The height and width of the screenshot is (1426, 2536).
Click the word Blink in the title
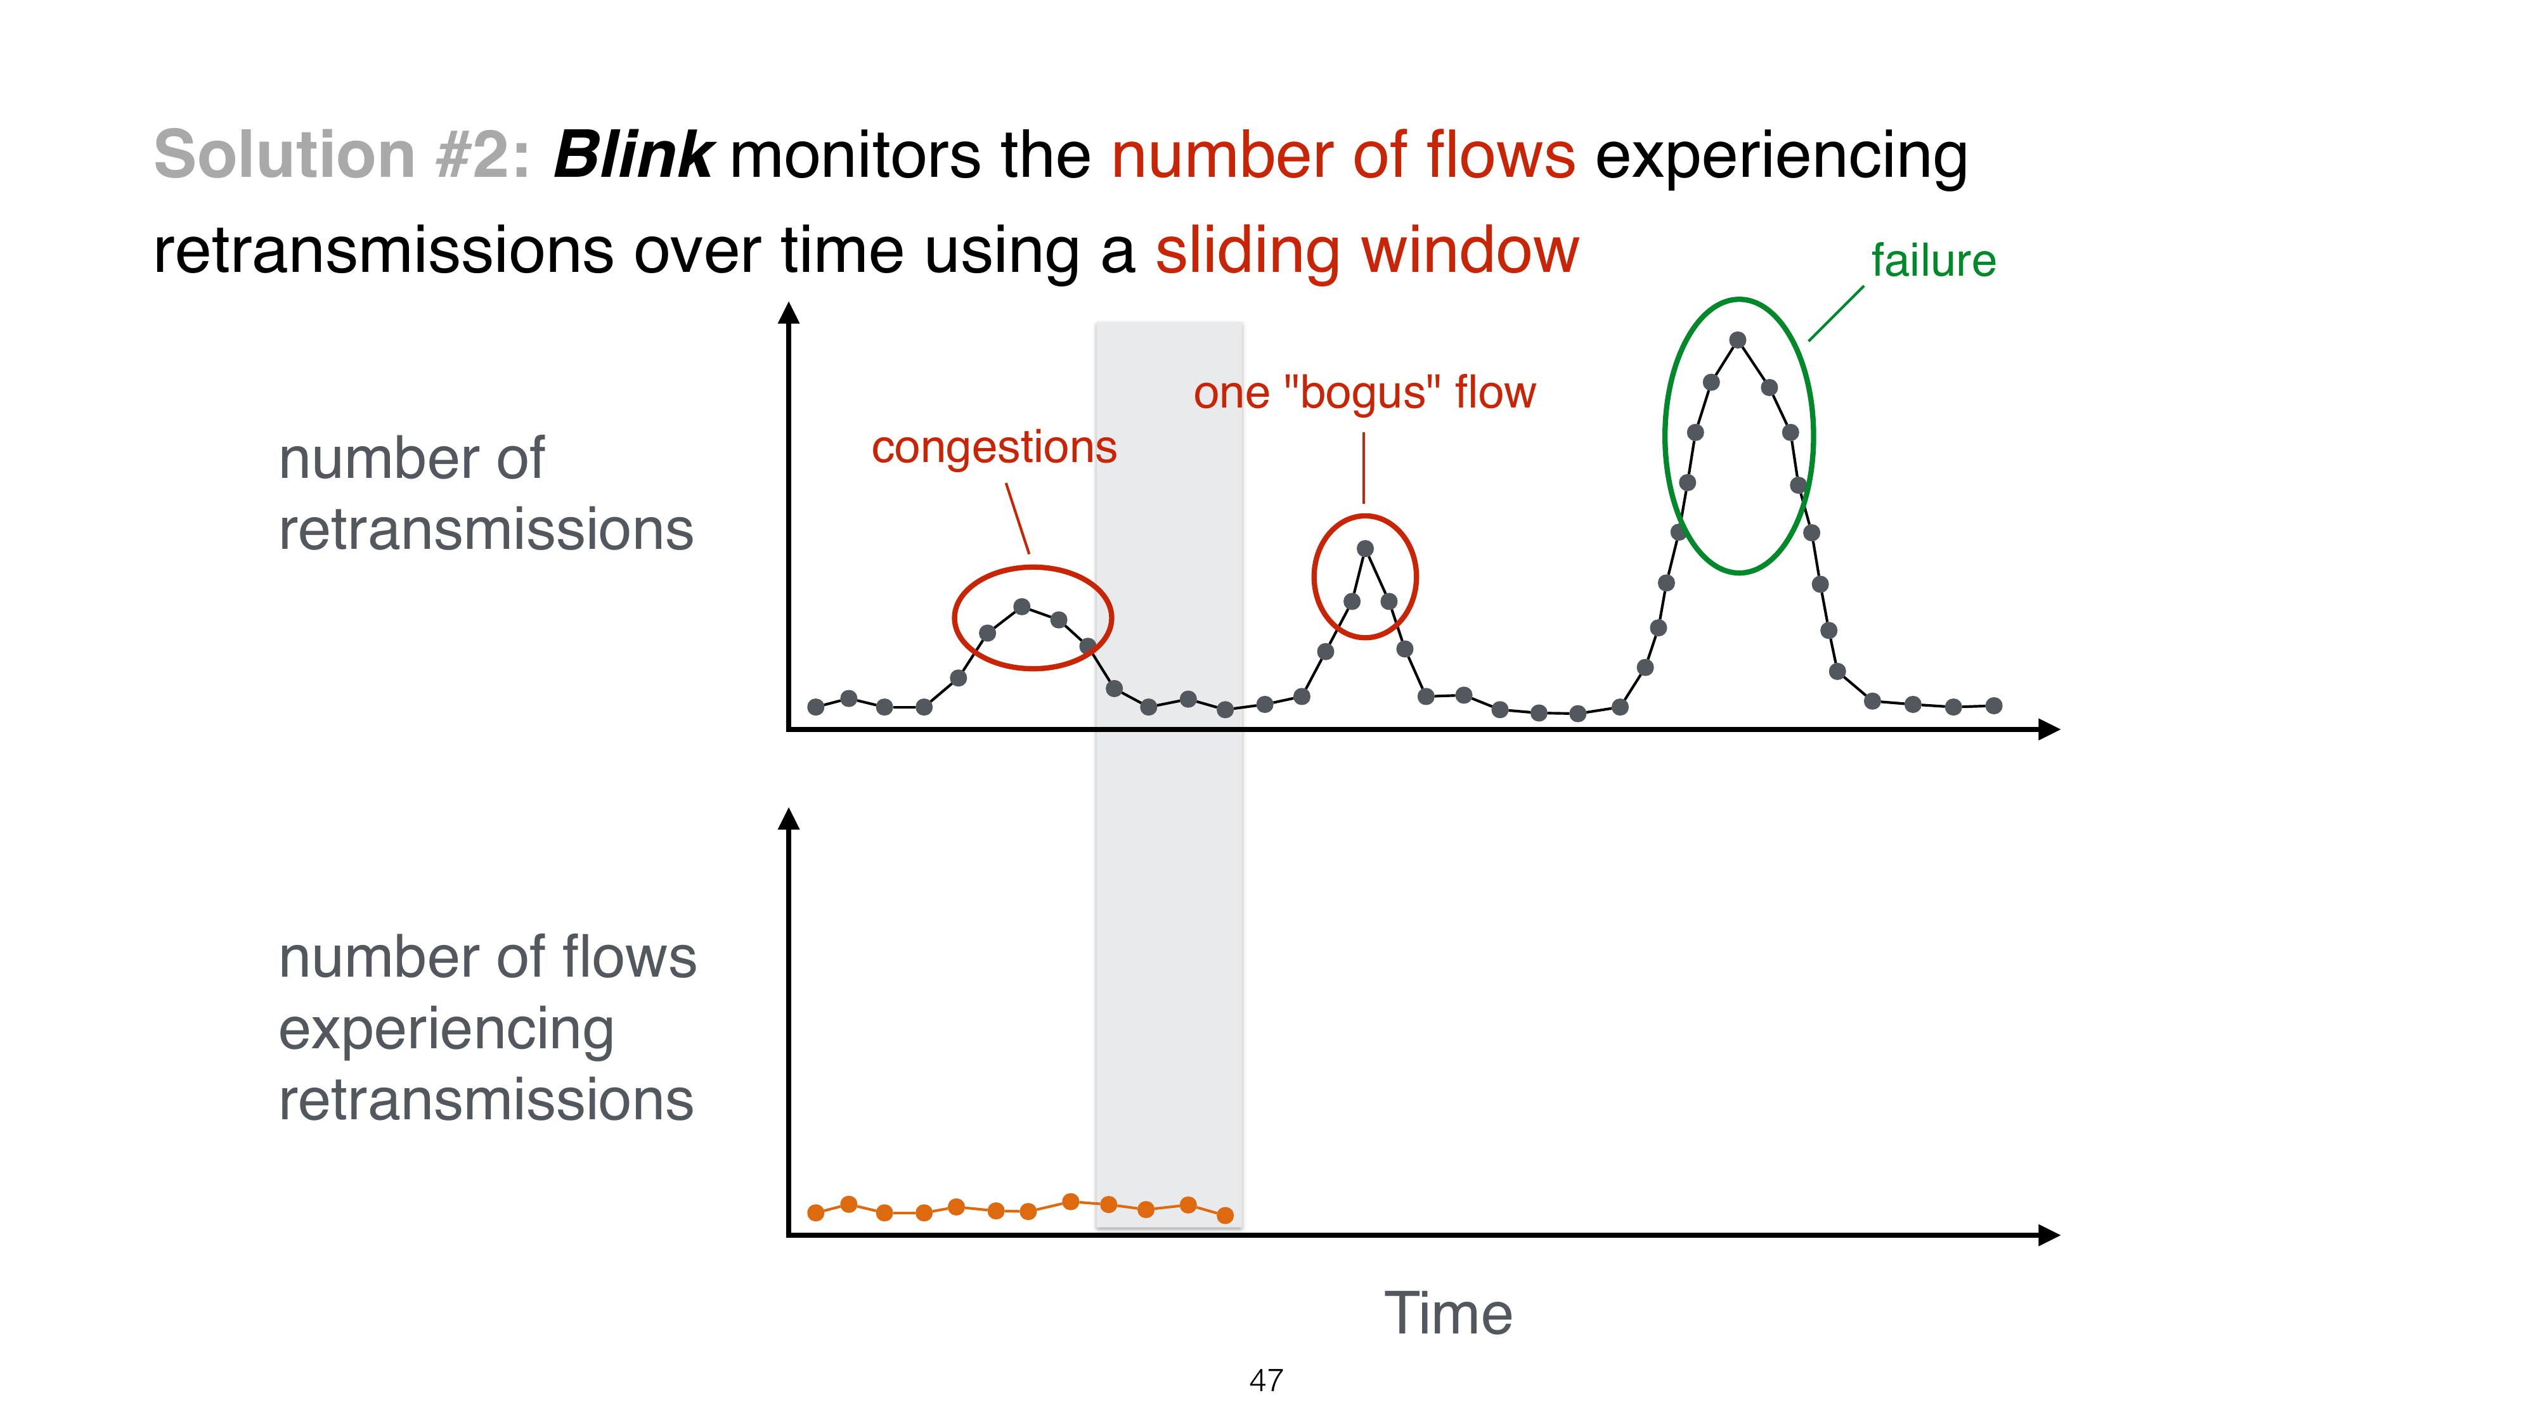point(632,155)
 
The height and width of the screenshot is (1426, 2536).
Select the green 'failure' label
point(1932,260)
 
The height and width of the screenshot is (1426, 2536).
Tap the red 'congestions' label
point(993,448)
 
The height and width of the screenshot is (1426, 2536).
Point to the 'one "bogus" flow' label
point(1364,393)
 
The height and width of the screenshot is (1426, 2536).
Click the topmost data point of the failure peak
point(1738,340)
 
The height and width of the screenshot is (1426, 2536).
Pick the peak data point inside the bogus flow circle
point(1364,549)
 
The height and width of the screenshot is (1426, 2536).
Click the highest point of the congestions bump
point(1022,607)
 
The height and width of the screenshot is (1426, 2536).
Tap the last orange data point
point(1225,1216)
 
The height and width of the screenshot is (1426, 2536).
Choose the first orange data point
point(815,1212)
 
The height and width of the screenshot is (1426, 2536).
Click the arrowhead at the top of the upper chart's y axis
point(789,313)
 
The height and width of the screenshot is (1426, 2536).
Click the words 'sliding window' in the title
point(1366,251)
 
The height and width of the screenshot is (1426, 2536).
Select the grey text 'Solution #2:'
point(342,155)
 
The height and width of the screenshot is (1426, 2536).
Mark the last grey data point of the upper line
point(1993,705)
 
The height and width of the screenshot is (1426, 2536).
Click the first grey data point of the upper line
point(815,707)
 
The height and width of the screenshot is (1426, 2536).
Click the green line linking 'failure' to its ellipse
point(1836,314)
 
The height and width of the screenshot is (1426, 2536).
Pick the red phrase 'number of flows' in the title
point(1343,155)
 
